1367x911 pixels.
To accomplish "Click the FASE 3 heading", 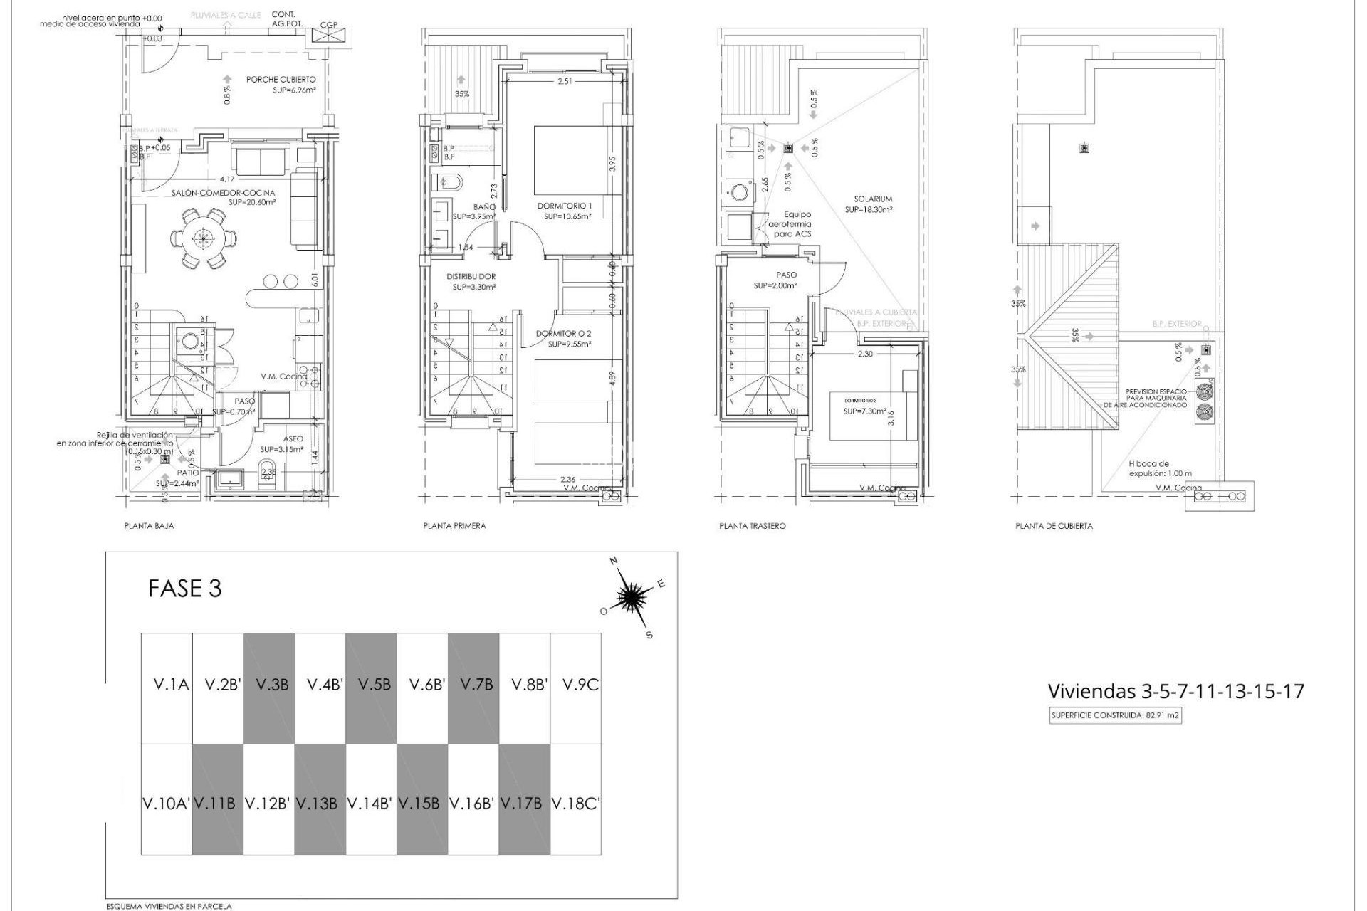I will (x=185, y=589).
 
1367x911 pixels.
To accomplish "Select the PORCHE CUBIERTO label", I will (x=281, y=80).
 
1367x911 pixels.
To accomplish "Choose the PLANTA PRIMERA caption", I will (x=454, y=526).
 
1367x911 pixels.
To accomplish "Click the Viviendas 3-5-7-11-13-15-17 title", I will (x=1175, y=691).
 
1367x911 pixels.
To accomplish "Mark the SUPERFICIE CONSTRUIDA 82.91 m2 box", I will (x=1116, y=717).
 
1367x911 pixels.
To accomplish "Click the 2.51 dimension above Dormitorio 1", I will (x=565, y=82).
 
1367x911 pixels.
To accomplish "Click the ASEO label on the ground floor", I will (x=293, y=440).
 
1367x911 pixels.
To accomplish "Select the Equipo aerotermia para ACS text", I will (x=792, y=224).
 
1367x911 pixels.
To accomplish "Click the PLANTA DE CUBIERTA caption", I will (x=1054, y=526).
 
